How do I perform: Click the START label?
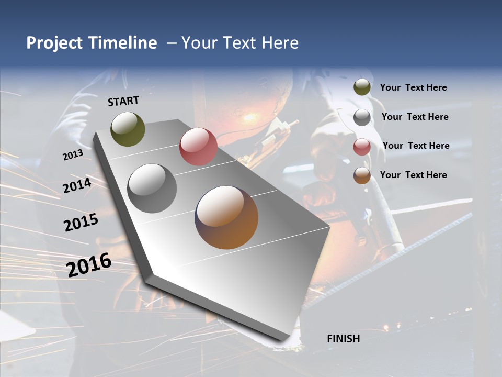coord(123,101)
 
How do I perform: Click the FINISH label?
coord(344,339)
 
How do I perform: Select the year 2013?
coord(73,155)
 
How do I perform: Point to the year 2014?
coord(77,186)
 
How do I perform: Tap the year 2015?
coord(81,223)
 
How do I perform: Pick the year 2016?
coord(89,264)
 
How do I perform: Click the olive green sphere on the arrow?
coord(128,129)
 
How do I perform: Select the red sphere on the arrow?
coord(198,147)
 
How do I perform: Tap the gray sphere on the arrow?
coord(152,188)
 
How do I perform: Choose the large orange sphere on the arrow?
coord(226,217)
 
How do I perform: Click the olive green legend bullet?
coord(362,87)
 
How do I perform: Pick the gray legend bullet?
coord(362,117)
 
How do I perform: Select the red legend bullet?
coord(362,147)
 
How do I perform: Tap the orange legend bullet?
coord(362,175)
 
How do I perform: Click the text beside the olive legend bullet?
coord(413,88)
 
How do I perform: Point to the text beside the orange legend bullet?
coord(413,175)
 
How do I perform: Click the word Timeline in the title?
coord(123,43)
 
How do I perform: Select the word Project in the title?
coord(55,43)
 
